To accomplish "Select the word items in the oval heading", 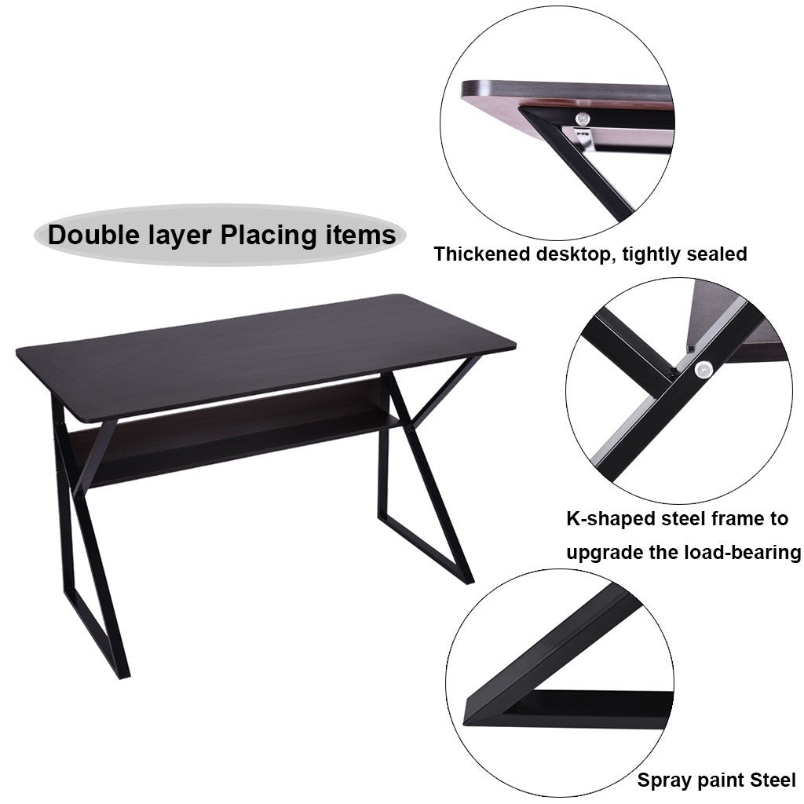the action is [x=361, y=235].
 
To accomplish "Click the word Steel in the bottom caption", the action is [x=773, y=780].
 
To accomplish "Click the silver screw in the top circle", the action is [x=582, y=119].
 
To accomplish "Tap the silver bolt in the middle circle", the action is [x=703, y=369].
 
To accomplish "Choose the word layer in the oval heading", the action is [x=180, y=236].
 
